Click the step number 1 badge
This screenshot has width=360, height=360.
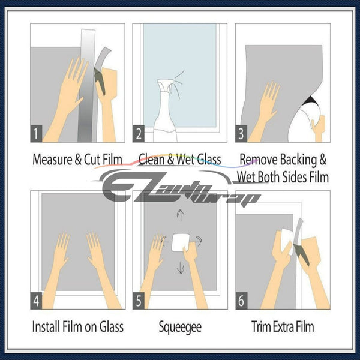click(x=36, y=133)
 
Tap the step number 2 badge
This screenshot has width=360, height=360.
click(x=139, y=133)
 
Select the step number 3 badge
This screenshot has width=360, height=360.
click(x=241, y=133)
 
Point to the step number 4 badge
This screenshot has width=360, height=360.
click(x=36, y=301)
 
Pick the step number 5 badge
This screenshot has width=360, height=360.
click(x=139, y=301)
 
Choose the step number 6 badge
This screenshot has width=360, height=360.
click(x=241, y=301)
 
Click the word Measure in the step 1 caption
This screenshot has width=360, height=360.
click(x=52, y=160)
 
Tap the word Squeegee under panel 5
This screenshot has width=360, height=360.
click(x=180, y=328)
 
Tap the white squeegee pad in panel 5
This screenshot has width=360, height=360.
click(x=181, y=242)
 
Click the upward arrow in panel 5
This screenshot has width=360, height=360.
click(x=181, y=215)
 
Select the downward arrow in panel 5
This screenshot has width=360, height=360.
click(x=181, y=268)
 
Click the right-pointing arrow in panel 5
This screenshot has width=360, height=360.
click(x=198, y=241)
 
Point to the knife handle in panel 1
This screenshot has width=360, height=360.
click(x=100, y=82)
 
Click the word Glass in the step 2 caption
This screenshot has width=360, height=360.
click(x=209, y=160)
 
